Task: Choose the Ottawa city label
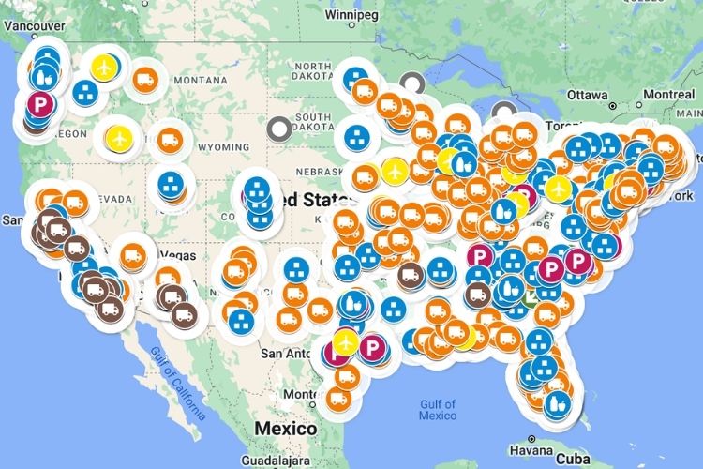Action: pyautogui.click(x=589, y=95)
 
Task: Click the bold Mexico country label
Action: pyautogui.click(x=285, y=428)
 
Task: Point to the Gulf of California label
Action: pyautogui.click(x=175, y=380)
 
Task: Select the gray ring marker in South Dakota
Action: pyautogui.click(x=278, y=127)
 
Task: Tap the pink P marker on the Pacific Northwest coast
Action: pyautogui.click(x=38, y=103)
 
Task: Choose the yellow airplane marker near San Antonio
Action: pyautogui.click(x=347, y=338)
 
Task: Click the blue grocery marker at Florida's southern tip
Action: pyautogui.click(x=561, y=404)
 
